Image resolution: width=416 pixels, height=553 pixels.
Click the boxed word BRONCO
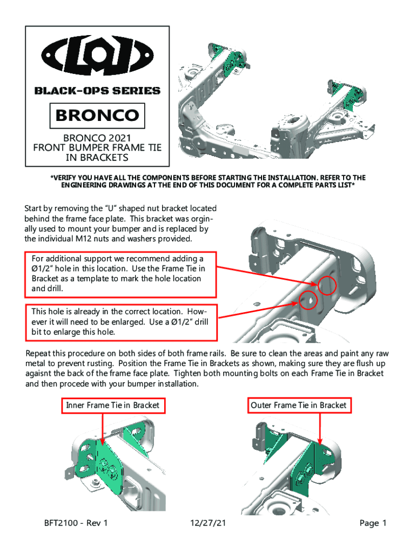(x=98, y=115)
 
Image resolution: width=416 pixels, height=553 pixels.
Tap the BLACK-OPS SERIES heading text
(x=97, y=91)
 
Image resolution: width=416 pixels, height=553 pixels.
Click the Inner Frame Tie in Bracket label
(x=112, y=405)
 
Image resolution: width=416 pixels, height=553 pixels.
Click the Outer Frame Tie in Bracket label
(x=298, y=405)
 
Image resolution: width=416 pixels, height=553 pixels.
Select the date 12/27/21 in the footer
(x=208, y=523)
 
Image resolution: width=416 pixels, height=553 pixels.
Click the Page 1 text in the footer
(x=373, y=523)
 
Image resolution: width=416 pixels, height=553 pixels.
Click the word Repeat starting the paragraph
(x=39, y=353)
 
